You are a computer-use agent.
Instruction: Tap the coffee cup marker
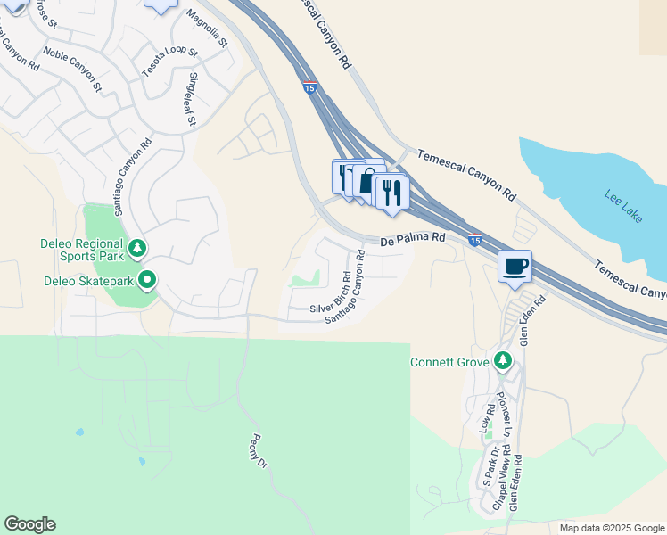tap(514, 266)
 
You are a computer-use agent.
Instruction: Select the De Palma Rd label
tap(412, 239)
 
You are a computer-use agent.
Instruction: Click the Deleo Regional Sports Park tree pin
tap(136, 248)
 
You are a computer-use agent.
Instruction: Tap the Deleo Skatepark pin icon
tap(147, 282)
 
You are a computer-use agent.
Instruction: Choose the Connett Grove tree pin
tap(504, 361)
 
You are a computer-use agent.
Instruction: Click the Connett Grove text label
tap(450, 362)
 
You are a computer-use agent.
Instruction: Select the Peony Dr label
tap(259, 450)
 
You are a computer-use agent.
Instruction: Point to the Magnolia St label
tap(208, 29)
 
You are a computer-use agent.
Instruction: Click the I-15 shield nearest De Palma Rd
tap(475, 240)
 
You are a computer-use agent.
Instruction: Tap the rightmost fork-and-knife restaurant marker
tap(392, 193)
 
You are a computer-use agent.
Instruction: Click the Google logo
tap(29, 524)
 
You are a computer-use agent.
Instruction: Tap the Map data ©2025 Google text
tap(612, 528)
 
